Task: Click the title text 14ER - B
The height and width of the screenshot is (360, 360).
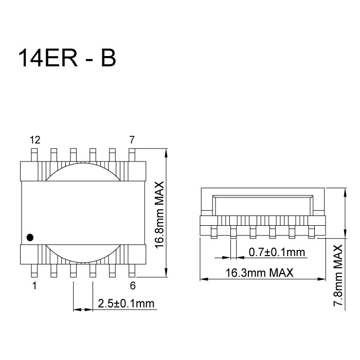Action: (67, 59)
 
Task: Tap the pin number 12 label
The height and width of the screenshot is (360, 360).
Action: (34, 139)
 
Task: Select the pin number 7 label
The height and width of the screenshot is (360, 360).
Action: (132, 139)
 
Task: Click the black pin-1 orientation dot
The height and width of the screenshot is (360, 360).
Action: (30, 237)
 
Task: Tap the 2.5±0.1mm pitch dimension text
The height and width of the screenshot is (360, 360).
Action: (126, 303)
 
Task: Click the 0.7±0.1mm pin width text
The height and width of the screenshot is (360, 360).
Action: (277, 252)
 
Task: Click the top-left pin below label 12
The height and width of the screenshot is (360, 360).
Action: (34, 154)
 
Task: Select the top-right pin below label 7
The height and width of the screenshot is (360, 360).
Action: (132, 154)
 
